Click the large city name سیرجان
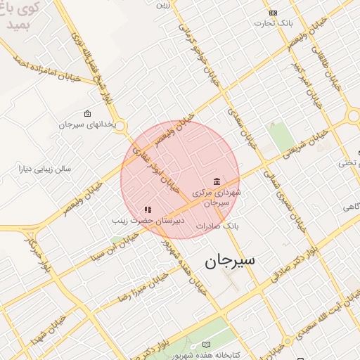[x=230, y=261]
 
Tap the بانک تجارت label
[x=274, y=23]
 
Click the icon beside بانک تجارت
[x=273, y=13]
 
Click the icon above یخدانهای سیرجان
[x=87, y=113]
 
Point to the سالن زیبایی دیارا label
[x=46, y=169]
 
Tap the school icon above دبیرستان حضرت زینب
[x=148, y=210]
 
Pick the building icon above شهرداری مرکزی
[x=217, y=181]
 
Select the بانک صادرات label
[x=219, y=226]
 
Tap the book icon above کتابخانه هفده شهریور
[x=206, y=344]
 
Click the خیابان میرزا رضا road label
[x=133, y=286]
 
